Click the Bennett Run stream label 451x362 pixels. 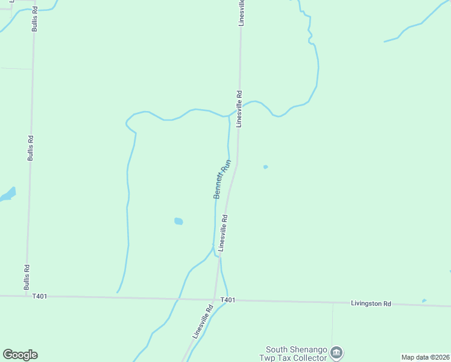pyautogui.click(x=222, y=179)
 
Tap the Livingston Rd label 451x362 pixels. pyautogui.click(x=371, y=303)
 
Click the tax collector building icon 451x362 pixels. pyautogui.click(x=336, y=352)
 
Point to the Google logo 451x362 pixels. pyautogui.click(x=20, y=355)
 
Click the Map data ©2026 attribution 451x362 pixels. pyautogui.click(x=425, y=357)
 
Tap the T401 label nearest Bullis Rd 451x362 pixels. pyautogui.click(x=40, y=296)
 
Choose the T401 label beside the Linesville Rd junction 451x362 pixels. pyautogui.click(x=227, y=300)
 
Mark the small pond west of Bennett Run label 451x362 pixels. pyautogui.click(x=178, y=221)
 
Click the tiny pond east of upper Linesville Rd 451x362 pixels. pyautogui.click(x=265, y=167)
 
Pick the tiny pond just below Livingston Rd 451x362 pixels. pyautogui.click(x=424, y=300)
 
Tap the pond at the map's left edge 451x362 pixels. pyautogui.click(x=8, y=194)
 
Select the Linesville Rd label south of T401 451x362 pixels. pyautogui.click(x=203, y=321)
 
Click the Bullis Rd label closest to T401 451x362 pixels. pyautogui.click(x=27, y=277)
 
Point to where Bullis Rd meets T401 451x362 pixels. pyautogui.click(x=26, y=296)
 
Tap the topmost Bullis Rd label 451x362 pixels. pyautogui.click(x=35, y=19)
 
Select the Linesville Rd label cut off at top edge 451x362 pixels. pyautogui.click(x=241, y=12)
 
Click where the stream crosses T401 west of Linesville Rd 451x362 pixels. pyautogui.click(x=178, y=298)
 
